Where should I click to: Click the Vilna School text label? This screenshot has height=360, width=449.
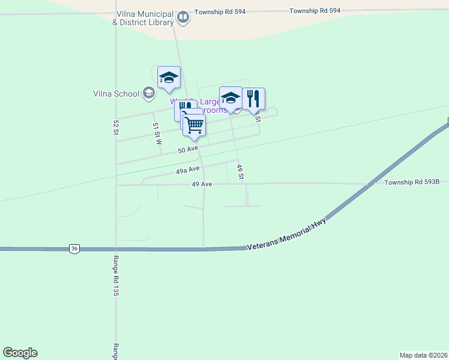click(x=116, y=94)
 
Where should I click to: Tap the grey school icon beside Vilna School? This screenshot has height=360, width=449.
click(x=149, y=93)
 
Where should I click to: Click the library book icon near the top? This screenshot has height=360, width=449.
click(x=184, y=18)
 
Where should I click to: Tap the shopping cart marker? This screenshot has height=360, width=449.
click(x=194, y=126)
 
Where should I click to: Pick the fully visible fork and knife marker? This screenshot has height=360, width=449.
click(x=253, y=99)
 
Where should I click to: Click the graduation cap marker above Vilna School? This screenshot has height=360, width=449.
click(x=169, y=77)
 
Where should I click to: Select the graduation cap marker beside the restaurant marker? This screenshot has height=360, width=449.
click(x=231, y=98)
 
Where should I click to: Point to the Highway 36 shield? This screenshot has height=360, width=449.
click(x=74, y=248)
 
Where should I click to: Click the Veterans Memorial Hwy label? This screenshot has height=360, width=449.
click(x=287, y=234)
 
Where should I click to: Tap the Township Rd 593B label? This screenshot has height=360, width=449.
click(x=412, y=182)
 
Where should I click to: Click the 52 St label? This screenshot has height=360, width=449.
click(x=116, y=127)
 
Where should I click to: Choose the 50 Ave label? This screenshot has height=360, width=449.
click(x=188, y=149)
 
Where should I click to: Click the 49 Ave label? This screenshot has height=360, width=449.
click(x=202, y=184)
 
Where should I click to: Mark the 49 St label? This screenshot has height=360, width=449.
click(x=240, y=172)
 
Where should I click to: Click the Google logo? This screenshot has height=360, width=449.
click(x=20, y=353)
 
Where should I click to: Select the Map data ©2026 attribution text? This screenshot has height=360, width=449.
click(x=423, y=355)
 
